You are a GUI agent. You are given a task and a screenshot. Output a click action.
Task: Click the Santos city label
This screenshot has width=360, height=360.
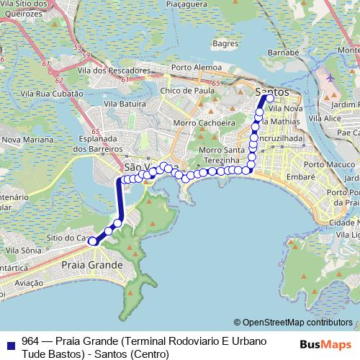273,92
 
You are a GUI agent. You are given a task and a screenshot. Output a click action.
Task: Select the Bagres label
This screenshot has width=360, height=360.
225,44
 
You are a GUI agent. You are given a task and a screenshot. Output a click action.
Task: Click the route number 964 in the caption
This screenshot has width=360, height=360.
30,341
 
